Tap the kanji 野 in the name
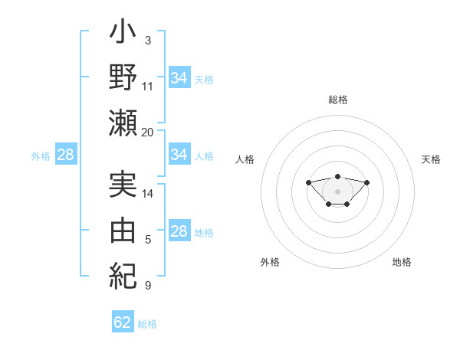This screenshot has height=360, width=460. click(123, 79)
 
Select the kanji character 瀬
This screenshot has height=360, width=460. click(123, 123)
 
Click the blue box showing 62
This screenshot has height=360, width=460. click(123, 322)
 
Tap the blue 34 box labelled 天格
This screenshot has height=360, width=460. click(179, 78)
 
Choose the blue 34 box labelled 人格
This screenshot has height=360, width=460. click(179, 155)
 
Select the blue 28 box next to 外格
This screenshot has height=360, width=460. click(65, 155)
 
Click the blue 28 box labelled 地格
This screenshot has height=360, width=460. click(179, 232)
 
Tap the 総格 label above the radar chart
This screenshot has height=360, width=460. click(337, 100)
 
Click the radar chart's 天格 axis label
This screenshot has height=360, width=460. click(431, 159)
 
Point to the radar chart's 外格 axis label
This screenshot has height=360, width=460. click(270, 262)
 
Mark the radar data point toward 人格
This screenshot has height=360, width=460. click(308, 182)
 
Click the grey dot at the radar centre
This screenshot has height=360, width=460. click(337, 191)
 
